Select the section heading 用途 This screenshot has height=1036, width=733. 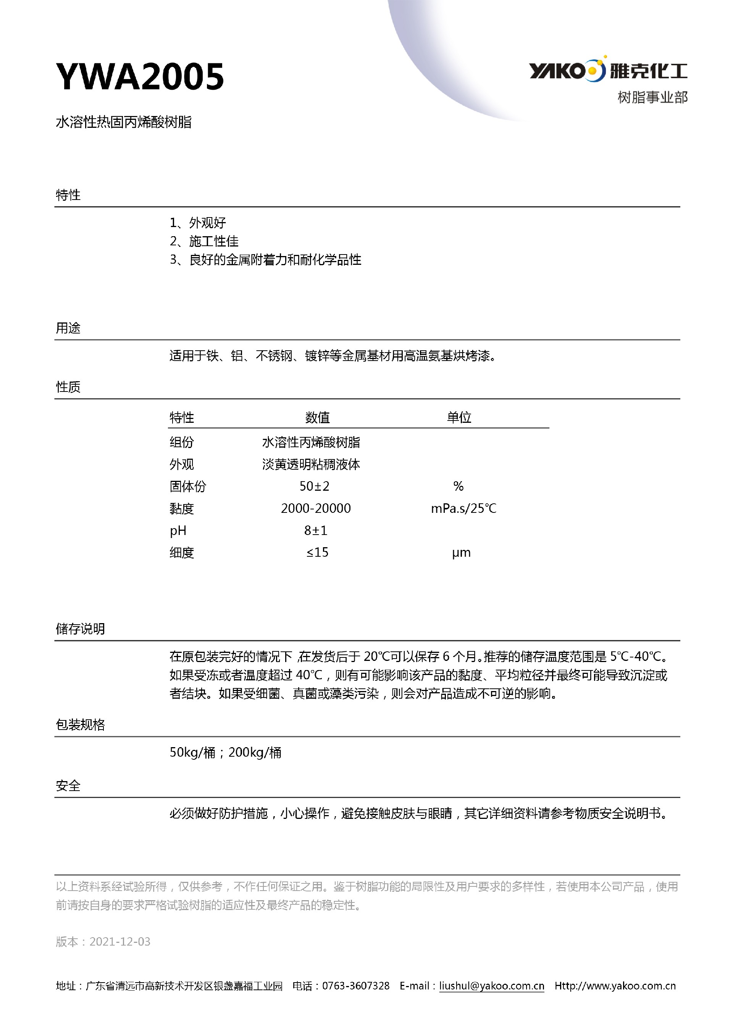click(x=68, y=328)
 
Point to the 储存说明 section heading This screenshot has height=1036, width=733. click(x=80, y=628)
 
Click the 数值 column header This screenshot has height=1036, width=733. click(x=317, y=417)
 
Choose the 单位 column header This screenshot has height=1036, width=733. click(x=459, y=417)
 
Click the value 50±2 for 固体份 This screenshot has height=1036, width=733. click(x=315, y=486)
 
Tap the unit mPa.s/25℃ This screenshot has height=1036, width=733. click(x=463, y=509)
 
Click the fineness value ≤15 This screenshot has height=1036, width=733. click(x=317, y=552)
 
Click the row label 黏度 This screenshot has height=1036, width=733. click(x=182, y=509)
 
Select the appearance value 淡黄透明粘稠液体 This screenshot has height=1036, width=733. click(x=311, y=464)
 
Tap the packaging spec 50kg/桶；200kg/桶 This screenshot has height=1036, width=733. click(x=225, y=752)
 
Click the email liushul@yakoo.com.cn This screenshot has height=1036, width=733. click(x=491, y=986)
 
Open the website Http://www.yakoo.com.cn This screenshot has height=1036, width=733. click(x=615, y=986)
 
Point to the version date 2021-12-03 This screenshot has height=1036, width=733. click(x=119, y=942)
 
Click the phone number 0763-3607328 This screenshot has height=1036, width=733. click(x=356, y=986)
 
